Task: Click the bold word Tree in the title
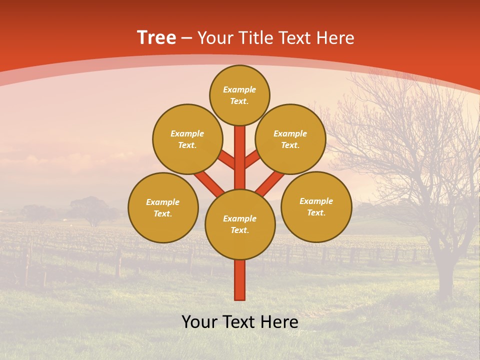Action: (156, 38)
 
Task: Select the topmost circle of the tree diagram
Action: (239, 95)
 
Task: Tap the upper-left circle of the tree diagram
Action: (187, 139)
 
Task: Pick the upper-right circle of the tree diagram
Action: (290, 139)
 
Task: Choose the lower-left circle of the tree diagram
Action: (163, 207)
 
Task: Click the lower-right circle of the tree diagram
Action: (316, 206)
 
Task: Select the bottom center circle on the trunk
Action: (240, 224)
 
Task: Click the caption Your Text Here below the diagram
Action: (240, 322)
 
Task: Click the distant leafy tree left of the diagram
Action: (90, 207)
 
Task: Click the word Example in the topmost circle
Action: (239, 89)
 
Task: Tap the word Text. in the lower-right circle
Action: (316, 212)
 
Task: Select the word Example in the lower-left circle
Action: (162, 202)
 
